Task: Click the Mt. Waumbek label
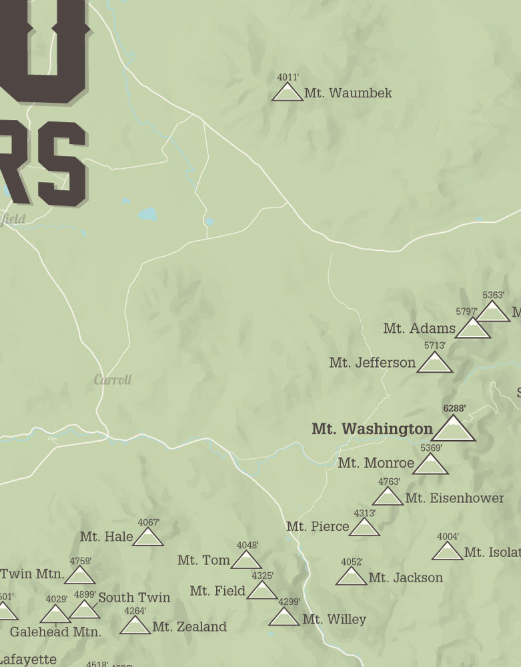(x=348, y=93)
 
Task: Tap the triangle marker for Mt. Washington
(x=454, y=430)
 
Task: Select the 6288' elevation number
(x=454, y=408)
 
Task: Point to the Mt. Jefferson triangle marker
(x=435, y=364)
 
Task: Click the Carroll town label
(x=113, y=380)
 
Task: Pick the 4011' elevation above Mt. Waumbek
(x=288, y=77)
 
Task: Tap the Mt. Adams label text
(x=419, y=328)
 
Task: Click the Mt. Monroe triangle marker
(x=430, y=465)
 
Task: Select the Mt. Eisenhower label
(x=454, y=498)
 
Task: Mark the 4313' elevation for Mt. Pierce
(x=364, y=513)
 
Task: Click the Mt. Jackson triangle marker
(x=351, y=577)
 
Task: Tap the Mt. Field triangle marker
(x=262, y=591)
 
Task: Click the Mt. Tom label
(x=203, y=560)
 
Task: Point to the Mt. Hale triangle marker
(x=148, y=537)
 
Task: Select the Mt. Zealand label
(x=189, y=627)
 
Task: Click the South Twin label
(x=134, y=598)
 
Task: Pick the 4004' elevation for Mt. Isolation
(x=448, y=536)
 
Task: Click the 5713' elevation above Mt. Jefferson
(x=435, y=346)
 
